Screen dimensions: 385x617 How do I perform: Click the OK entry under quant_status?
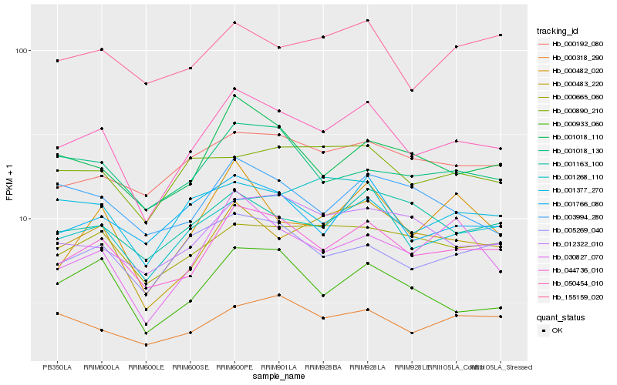pos(557,330)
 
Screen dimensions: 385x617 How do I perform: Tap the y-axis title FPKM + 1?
pos(10,181)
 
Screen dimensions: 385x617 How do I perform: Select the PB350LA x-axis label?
pos(57,367)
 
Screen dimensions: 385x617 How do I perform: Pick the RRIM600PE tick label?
pos(234,367)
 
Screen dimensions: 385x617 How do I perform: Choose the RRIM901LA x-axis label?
pos(278,367)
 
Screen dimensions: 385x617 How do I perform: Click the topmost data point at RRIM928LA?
pos(368,21)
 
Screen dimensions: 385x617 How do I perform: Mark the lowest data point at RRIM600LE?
pos(146,345)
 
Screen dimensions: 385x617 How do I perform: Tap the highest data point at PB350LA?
pos(57,61)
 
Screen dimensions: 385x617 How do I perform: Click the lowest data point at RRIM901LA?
pos(278,295)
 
